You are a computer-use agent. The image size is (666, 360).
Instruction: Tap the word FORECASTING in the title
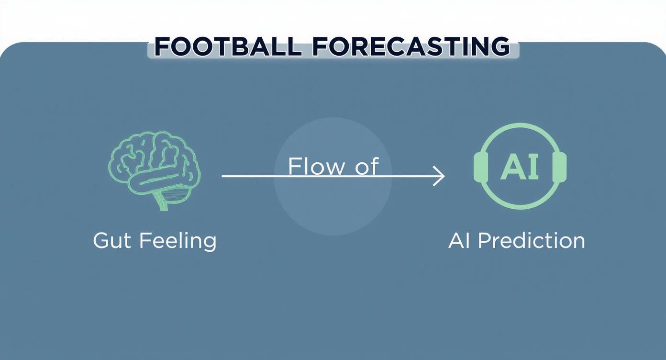[x=411, y=47]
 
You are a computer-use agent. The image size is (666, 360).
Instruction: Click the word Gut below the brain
[x=111, y=240]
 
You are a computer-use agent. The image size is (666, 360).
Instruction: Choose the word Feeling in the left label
[x=178, y=240]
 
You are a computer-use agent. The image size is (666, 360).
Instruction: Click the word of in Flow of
[x=366, y=166]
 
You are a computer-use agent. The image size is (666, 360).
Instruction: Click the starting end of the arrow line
[x=223, y=176]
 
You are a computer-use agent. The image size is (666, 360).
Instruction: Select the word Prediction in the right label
[x=531, y=240]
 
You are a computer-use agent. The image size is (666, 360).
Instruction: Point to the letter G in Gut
[x=101, y=240]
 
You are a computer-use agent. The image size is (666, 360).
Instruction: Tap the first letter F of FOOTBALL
[x=163, y=47]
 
